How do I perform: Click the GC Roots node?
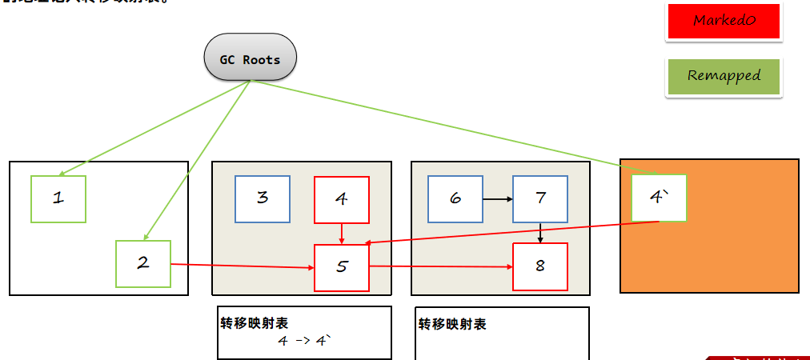pyautogui.click(x=251, y=58)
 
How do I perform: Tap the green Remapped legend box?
pyautogui.click(x=723, y=77)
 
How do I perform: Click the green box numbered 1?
pyautogui.click(x=58, y=198)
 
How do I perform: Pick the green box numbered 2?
pyautogui.click(x=143, y=263)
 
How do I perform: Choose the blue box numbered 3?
pyautogui.click(x=263, y=198)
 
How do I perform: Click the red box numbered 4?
pyautogui.click(x=342, y=199)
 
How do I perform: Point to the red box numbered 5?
pyautogui.click(x=342, y=267)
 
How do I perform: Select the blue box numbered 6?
pyautogui.click(x=455, y=198)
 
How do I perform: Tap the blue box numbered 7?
pyautogui.click(x=540, y=198)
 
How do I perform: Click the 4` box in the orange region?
pyautogui.click(x=659, y=198)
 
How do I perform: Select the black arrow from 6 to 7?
pyautogui.click(x=498, y=198)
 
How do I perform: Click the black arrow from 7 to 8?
pyautogui.click(x=540, y=233)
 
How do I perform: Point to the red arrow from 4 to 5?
pyautogui.click(x=342, y=234)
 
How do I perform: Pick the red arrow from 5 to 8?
pyautogui.click(x=440, y=266)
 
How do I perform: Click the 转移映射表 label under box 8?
pyautogui.click(x=452, y=324)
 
